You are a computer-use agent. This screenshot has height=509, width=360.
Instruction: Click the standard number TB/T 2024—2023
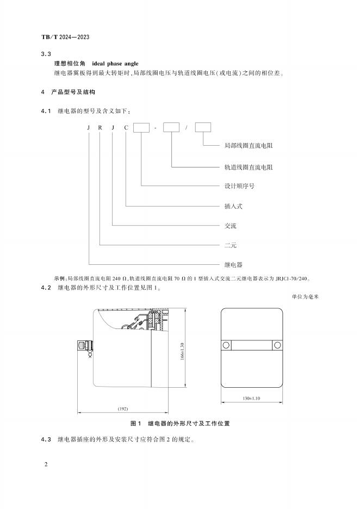point(65,36)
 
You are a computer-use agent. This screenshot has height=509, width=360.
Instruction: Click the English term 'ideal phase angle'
point(115,64)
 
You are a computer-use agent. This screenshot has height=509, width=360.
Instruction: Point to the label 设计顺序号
point(239,186)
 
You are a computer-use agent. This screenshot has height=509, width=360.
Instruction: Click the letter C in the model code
point(127,128)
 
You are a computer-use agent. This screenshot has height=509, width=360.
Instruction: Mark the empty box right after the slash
point(203,128)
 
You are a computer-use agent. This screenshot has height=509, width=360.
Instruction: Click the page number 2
point(46,465)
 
